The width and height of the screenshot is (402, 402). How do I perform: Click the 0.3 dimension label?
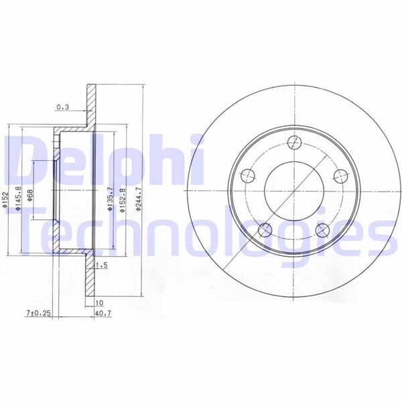coord(62,107)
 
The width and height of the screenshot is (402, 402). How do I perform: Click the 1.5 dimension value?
coord(103,265)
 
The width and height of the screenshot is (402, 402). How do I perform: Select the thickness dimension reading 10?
coord(100,303)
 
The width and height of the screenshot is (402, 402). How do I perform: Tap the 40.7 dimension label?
coord(103,312)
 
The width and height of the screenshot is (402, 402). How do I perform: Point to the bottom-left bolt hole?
coord(265,230)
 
